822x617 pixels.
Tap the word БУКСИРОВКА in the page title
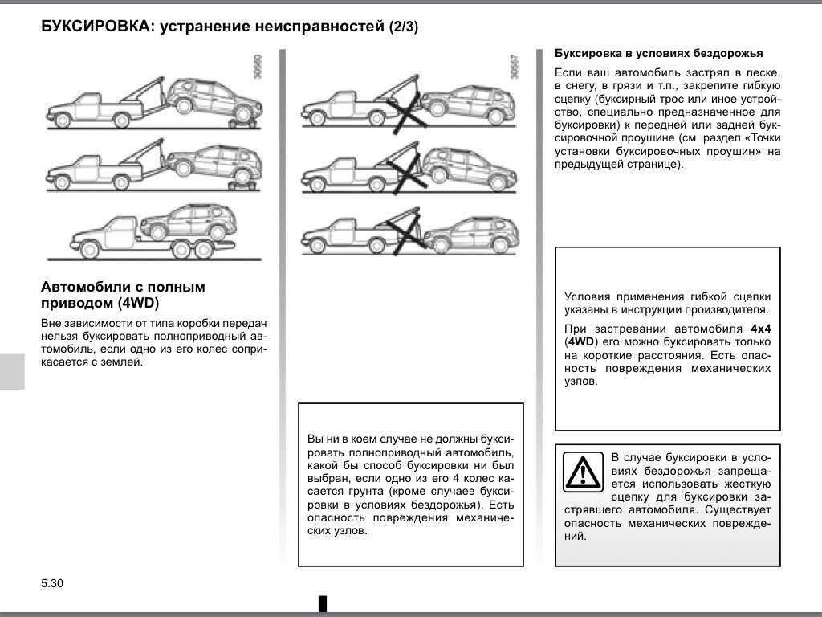(x=96, y=27)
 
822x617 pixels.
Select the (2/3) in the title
(x=404, y=27)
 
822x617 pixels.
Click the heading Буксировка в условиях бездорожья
(x=658, y=54)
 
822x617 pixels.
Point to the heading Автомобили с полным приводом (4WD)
(x=123, y=294)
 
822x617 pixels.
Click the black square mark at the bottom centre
(x=323, y=603)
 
